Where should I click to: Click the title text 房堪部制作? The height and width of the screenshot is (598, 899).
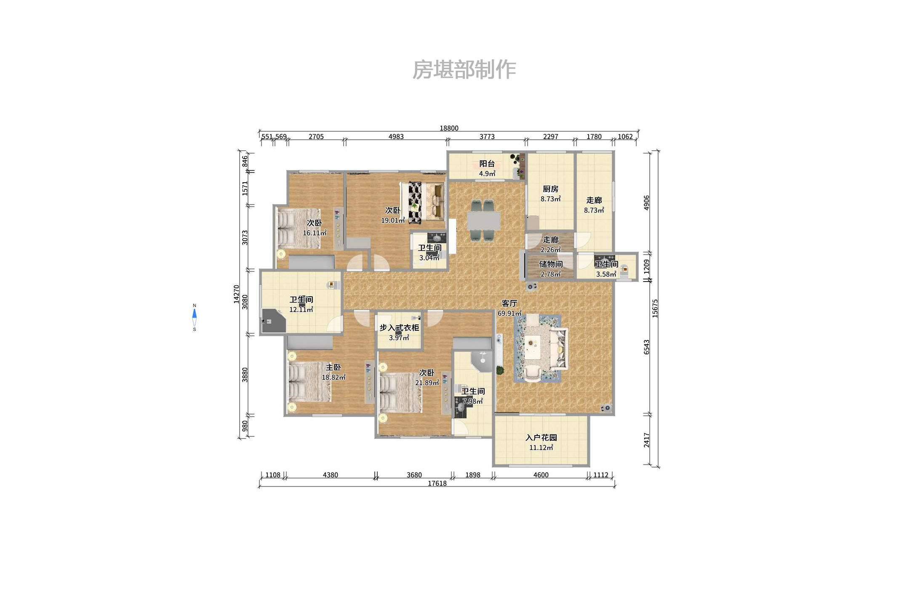click(x=464, y=70)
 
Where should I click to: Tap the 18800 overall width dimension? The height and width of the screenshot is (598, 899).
click(x=449, y=128)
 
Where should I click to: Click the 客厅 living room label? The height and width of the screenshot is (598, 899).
click(x=510, y=303)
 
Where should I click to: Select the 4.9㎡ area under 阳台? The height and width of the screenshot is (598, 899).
click(x=487, y=173)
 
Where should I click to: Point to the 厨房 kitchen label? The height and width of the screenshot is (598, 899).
click(x=550, y=189)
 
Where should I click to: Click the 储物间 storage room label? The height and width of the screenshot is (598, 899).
click(x=551, y=264)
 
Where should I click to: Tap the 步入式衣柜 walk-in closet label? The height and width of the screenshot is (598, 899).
click(x=399, y=328)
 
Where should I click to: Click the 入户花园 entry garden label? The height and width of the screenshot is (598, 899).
click(x=541, y=438)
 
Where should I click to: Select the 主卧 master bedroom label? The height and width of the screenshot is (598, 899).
click(x=333, y=367)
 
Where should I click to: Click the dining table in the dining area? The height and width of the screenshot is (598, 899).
click(x=483, y=221)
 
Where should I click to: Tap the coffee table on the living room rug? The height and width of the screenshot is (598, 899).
click(x=532, y=348)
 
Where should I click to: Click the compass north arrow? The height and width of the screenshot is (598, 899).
click(x=195, y=314)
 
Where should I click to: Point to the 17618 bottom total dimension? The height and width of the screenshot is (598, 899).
click(x=437, y=484)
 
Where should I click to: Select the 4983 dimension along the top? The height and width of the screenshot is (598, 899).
click(x=396, y=137)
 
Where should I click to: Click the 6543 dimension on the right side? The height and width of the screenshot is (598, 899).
click(x=647, y=347)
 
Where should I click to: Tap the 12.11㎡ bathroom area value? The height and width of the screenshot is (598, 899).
click(x=301, y=310)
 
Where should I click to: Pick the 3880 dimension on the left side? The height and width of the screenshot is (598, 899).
click(x=245, y=375)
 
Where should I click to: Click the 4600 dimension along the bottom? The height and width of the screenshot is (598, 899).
click(x=541, y=475)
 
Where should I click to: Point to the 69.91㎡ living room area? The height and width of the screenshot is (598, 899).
click(x=510, y=314)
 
